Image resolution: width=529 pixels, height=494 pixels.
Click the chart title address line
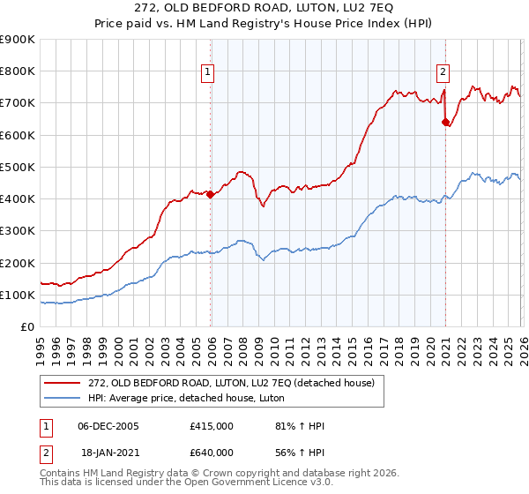coord(264,8)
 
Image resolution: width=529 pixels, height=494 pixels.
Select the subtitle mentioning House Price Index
coord(264,24)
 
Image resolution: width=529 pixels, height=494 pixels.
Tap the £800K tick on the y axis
coord(18,71)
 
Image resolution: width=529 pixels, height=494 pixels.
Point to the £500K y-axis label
coord(18,168)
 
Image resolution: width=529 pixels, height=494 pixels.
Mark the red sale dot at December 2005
coord(210,195)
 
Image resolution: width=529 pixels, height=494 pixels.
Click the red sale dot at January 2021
coord(445,123)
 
